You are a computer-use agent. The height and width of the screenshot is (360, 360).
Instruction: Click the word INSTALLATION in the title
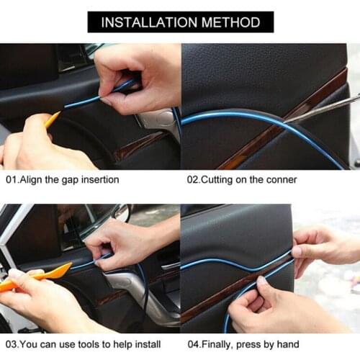pos(144,22)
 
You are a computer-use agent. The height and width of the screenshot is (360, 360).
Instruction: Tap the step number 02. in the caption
pos(194,179)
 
